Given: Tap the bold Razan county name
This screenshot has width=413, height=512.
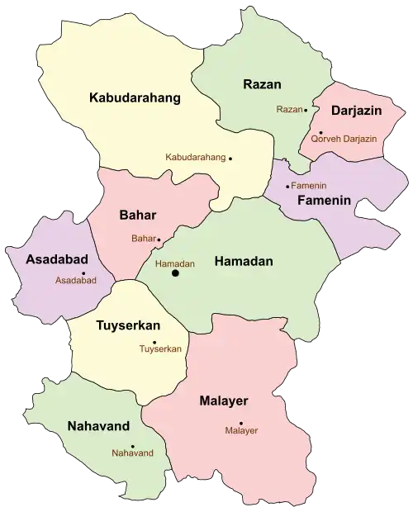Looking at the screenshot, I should pyautogui.click(x=263, y=84).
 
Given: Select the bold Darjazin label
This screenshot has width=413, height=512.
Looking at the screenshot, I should pyautogui.click(x=355, y=110).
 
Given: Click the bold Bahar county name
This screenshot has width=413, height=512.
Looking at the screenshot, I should pyautogui.click(x=138, y=216).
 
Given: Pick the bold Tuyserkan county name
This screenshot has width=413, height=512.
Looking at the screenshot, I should pyautogui.click(x=127, y=326).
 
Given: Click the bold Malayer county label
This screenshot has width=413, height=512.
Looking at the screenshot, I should pyautogui.click(x=223, y=401).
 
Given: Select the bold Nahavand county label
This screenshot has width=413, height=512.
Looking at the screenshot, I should pyautogui.click(x=98, y=426).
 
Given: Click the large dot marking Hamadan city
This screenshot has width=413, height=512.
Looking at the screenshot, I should pyautogui.click(x=174, y=273).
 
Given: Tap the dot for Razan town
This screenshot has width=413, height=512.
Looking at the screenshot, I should pyautogui.click(x=306, y=109).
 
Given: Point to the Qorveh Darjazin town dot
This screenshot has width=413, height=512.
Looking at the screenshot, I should pyautogui.click(x=320, y=132).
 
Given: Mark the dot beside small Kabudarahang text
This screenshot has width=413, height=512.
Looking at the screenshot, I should pyautogui.click(x=230, y=158).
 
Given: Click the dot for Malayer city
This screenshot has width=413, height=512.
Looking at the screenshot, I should pyautogui.click(x=240, y=420).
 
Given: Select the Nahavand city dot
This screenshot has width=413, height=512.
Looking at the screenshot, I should pyautogui.click(x=132, y=447).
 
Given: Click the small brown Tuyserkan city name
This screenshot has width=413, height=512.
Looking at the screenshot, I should pyautogui.click(x=160, y=349).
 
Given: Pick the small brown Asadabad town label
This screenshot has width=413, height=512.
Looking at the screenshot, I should pyautogui.click(x=76, y=282).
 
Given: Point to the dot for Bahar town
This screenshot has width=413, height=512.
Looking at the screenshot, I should pyautogui.click(x=159, y=239).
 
